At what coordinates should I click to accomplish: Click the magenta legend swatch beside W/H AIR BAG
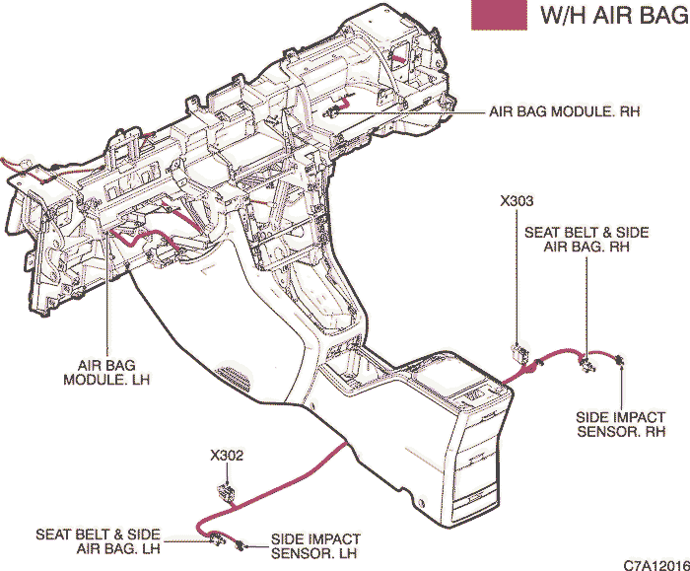tap(499, 15)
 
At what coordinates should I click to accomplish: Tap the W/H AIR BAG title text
tap(615, 16)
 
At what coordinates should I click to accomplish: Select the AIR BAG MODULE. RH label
tap(565, 111)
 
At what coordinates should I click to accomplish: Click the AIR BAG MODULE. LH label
tap(106, 373)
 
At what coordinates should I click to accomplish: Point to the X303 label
tap(517, 201)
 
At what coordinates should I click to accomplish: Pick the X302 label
tap(227, 456)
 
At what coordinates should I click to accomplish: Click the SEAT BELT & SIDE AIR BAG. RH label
tap(586, 239)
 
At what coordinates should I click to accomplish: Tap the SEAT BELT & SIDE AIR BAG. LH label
tap(98, 541)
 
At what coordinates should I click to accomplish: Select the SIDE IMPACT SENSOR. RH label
tap(621, 424)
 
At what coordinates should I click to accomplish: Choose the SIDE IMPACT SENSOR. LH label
tap(315, 546)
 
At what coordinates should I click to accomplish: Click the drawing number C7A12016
tap(656, 565)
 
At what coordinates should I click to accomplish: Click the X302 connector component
tap(227, 492)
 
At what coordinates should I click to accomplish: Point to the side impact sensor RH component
tap(620, 360)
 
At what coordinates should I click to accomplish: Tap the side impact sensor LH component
tap(240, 545)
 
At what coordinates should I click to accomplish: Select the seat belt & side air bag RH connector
tap(586, 363)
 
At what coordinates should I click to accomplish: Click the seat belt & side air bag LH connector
tap(217, 538)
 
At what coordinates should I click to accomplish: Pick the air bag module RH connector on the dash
tap(331, 113)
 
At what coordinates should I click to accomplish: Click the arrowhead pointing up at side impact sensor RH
tap(621, 368)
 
